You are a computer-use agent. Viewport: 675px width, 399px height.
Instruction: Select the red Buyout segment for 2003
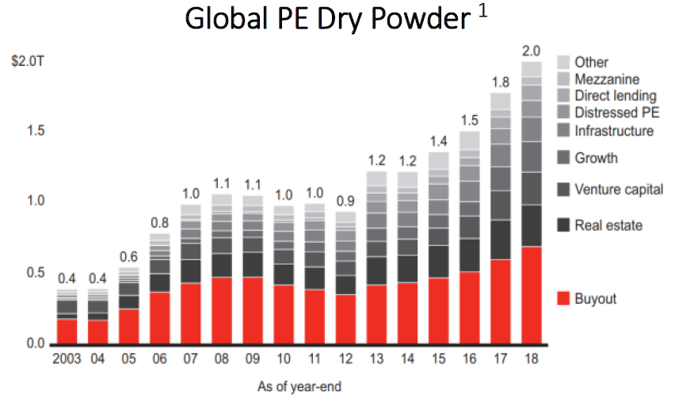(67, 331)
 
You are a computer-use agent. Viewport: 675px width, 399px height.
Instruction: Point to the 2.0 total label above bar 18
(532, 52)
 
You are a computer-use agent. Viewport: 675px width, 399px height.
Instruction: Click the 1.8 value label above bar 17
(500, 82)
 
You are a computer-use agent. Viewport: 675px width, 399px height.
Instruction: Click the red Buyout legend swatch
(564, 299)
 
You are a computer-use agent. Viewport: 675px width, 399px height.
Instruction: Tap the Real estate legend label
(608, 225)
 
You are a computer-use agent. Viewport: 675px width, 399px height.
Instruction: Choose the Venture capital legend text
(619, 190)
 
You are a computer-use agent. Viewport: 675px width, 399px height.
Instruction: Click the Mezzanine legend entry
(607, 79)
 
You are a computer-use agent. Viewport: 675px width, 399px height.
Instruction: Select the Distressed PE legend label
(616, 113)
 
